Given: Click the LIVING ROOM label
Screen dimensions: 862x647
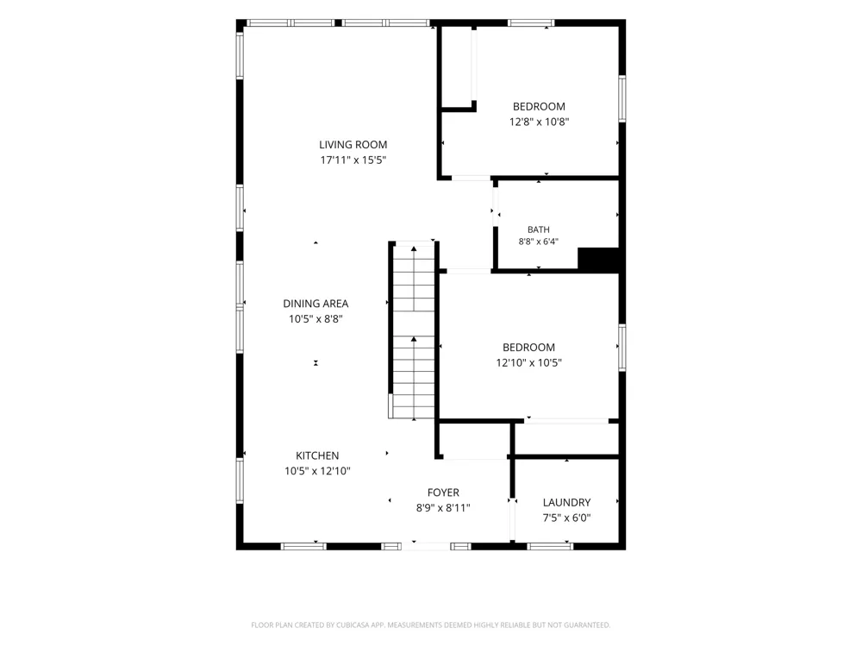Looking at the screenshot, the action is [353, 145].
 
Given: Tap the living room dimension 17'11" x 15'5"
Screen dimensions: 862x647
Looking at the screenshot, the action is [353, 160].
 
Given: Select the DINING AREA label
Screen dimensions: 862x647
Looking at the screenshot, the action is [315, 304].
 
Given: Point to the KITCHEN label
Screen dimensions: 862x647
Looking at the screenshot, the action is [317, 455].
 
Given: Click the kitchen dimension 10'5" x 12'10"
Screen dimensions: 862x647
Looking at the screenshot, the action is [317, 471].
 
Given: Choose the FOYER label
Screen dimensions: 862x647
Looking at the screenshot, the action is [443, 493].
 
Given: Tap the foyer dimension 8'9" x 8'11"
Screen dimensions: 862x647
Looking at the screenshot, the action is [443, 508].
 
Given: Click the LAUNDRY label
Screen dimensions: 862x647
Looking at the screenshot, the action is [567, 502].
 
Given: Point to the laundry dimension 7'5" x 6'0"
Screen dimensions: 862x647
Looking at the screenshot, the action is [567, 518].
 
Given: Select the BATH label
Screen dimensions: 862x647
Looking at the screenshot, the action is [539, 229].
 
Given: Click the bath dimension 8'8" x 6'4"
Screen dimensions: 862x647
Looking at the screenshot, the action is [539, 242].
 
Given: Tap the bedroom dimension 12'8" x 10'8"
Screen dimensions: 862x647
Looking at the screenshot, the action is [540, 122].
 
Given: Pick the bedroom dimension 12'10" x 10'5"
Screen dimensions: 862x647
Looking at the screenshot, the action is [529, 362].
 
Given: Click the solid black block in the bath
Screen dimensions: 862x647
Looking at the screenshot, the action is [598, 259].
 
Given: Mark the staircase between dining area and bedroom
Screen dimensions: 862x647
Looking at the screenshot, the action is [414, 330].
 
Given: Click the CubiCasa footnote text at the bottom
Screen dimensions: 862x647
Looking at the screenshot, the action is [430, 625].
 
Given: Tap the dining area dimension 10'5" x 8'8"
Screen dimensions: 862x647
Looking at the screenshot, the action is [315, 319].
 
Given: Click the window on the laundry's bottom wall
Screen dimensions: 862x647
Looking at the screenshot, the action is [550, 546].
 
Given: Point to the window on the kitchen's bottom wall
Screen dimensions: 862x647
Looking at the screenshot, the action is [303, 546].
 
